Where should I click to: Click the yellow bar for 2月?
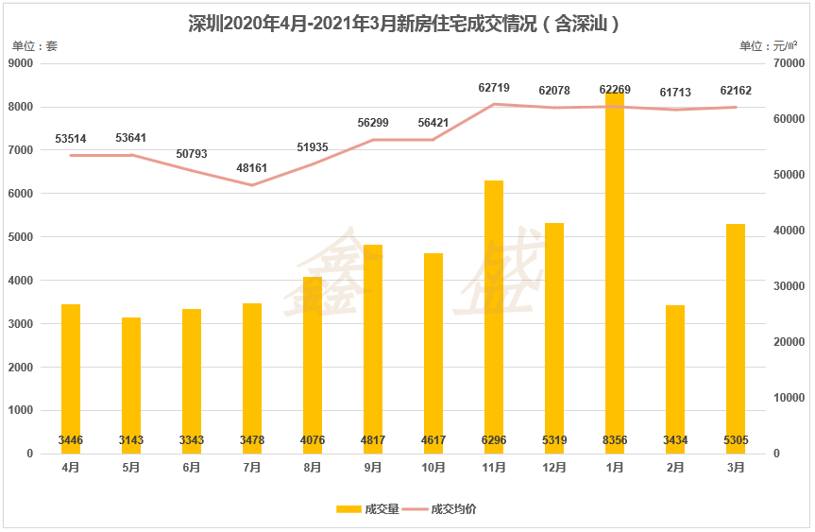tap(674, 379)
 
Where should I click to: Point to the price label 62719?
tap(494, 88)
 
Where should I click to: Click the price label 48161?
tap(252, 168)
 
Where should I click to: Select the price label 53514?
tap(71, 139)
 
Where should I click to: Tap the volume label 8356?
tap(614, 440)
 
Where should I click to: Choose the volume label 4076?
tap(313, 440)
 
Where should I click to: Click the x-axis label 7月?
tap(252, 468)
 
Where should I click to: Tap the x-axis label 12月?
tap(553, 468)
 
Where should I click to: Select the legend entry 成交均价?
tap(446, 509)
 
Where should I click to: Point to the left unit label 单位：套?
tap(34, 45)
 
